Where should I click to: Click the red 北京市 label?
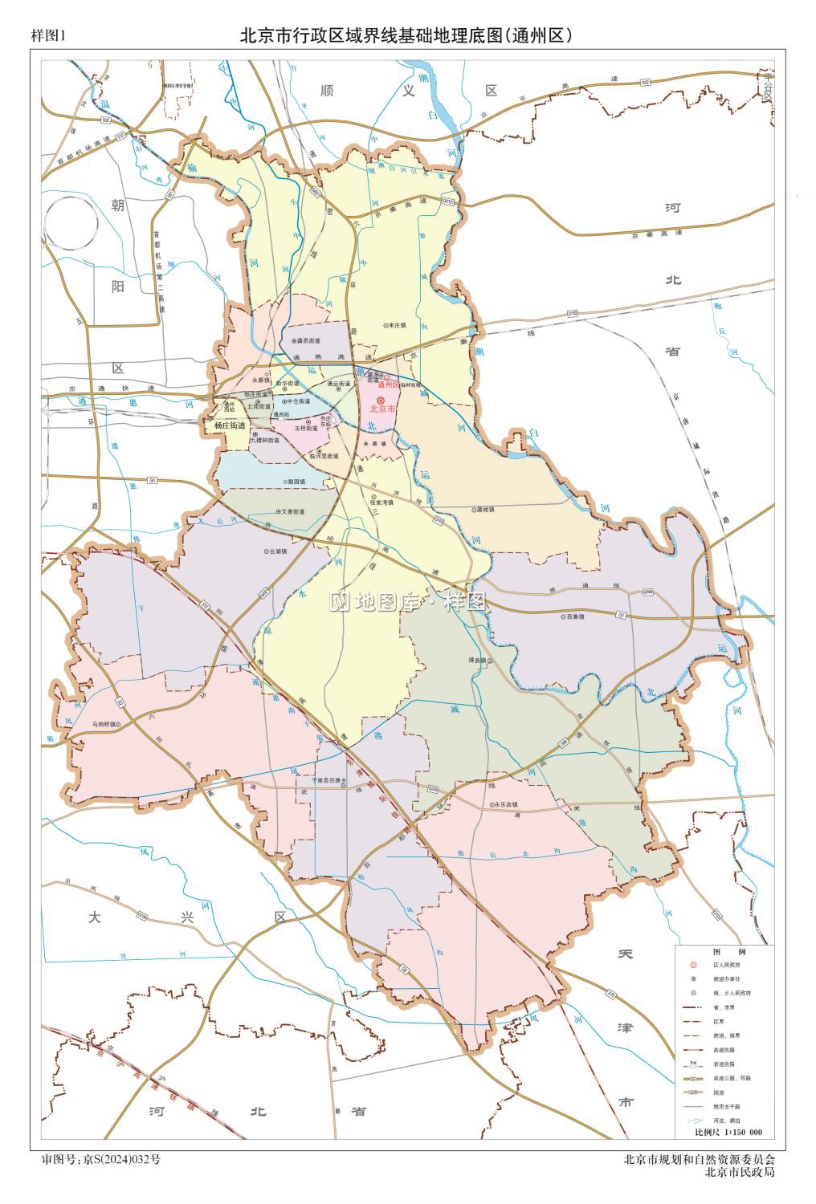point(383,409)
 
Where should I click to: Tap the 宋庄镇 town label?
point(397,326)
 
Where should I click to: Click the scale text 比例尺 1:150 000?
point(728,1133)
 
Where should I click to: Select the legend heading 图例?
point(723,951)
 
